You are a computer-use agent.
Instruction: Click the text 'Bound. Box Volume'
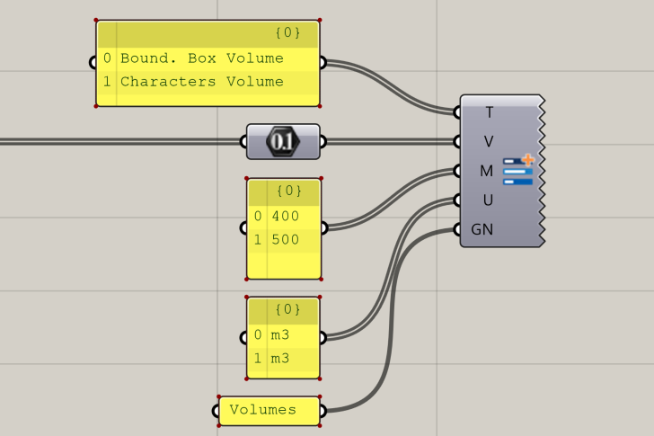(x=201, y=58)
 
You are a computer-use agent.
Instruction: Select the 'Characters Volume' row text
(x=201, y=82)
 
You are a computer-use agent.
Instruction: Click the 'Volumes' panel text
(x=262, y=410)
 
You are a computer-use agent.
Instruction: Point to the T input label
(x=489, y=112)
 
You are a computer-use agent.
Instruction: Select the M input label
(x=487, y=170)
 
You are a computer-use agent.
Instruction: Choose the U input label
(x=488, y=199)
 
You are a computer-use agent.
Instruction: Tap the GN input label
(x=482, y=228)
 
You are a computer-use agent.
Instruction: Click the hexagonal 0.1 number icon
(x=282, y=141)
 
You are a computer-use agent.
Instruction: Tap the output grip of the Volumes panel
(x=323, y=411)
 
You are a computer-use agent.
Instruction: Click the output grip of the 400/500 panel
(x=323, y=227)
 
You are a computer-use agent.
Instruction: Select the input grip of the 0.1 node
(x=243, y=141)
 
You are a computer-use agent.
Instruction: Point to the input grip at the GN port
(x=458, y=228)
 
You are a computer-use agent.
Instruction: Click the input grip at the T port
(x=458, y=112)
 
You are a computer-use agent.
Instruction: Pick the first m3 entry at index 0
(x=280, y=335)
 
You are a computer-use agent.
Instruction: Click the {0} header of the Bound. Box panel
(x=287, y=34)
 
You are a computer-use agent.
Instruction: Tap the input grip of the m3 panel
(x=243, y=338)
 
